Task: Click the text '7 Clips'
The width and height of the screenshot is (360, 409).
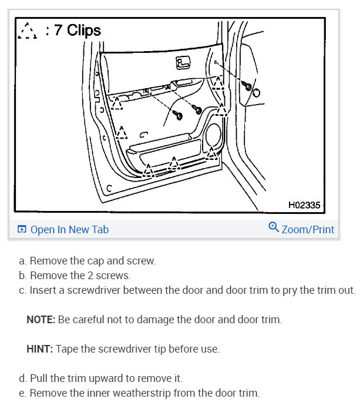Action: pos(77,30)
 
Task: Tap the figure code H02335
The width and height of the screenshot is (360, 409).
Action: pos(304,206)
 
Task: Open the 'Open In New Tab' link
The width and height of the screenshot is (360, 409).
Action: pos(69,230)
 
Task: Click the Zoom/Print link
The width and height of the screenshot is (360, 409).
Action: pos(308,230)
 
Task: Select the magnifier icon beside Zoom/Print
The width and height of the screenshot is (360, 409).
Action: pos(273,227)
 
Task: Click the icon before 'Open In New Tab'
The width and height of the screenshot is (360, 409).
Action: pos(22,230)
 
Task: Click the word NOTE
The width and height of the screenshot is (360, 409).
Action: pos(40,320)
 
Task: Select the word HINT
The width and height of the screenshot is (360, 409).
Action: pos(39,349)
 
